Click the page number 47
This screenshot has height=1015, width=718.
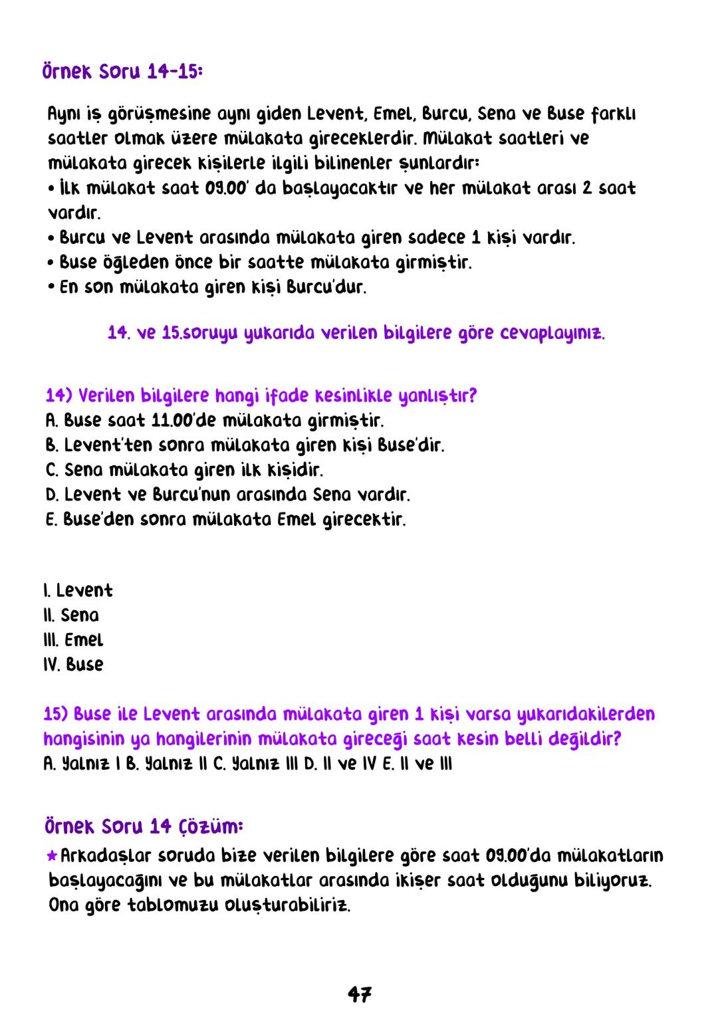(359, 994)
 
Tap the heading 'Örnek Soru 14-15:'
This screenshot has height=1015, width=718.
(122, 72)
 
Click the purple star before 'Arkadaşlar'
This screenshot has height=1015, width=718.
(53, 855)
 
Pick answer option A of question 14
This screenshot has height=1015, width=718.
(215, 421)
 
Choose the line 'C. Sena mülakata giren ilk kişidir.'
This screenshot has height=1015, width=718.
(184, 471)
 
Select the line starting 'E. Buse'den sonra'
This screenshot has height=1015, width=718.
(225, 520)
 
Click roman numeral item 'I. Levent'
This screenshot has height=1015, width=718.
(78, 591)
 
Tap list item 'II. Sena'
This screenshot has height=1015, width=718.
(71, 616)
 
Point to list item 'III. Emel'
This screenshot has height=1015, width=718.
(73, 641)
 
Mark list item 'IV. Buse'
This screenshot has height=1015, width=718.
(73, 665)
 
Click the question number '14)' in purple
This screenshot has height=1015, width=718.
(59, 396)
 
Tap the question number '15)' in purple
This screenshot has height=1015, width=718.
(55, 715)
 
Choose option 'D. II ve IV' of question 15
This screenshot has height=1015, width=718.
(331, 764)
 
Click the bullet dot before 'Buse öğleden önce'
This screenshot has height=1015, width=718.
(51, 263)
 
